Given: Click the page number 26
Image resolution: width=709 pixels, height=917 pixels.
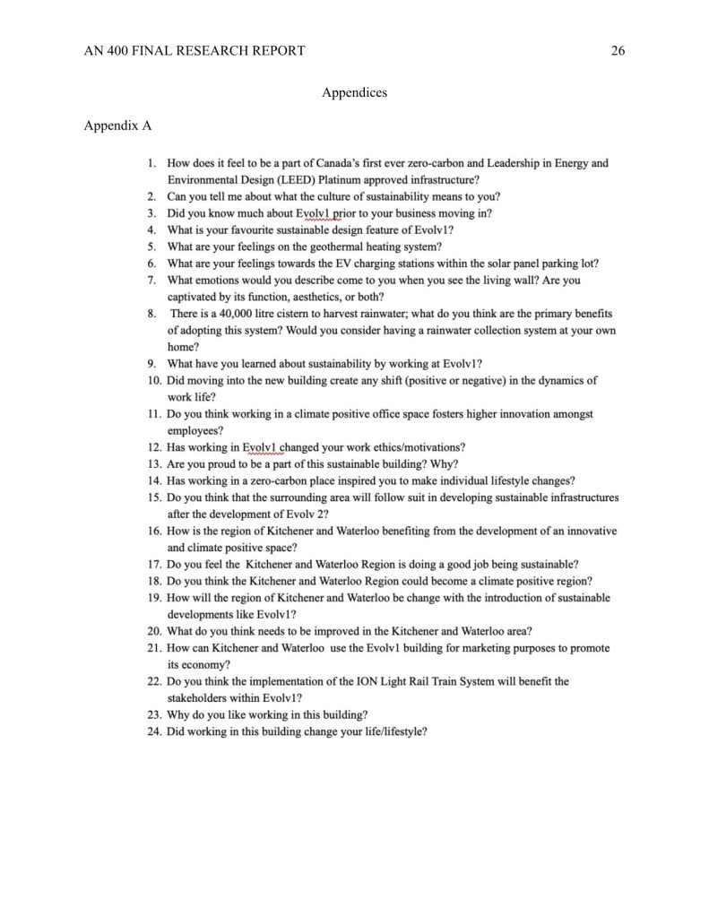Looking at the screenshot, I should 617,50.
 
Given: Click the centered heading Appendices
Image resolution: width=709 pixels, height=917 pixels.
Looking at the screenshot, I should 354,92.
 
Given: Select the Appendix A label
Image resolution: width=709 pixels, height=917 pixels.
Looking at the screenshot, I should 117,125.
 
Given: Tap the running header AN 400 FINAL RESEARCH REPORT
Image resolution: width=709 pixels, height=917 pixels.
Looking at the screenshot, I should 194,50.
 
